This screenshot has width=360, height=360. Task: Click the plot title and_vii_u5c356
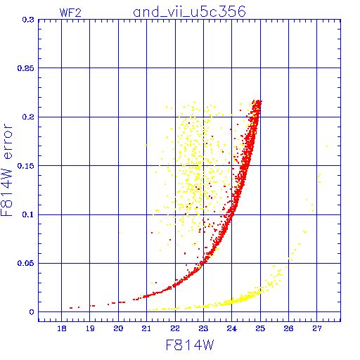point(189,12)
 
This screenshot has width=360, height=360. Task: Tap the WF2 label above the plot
point(70,13)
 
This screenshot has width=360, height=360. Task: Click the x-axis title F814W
point(190,345)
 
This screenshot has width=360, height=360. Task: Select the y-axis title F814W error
point(6,170)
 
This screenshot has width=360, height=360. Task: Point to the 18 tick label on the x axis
point(62,328)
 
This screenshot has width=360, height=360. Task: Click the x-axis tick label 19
point(90,328)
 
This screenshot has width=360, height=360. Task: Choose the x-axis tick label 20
point(118,328)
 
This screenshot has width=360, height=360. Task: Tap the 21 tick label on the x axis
point(146,328)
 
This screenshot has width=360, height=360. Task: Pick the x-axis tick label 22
point(175,328)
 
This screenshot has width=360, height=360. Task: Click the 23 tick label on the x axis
point(203,328)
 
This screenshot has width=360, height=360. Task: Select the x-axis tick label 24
point(232,328)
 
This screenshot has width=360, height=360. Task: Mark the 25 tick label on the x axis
point(260,328)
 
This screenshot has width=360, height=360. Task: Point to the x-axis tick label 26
point(288,328)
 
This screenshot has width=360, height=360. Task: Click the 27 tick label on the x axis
point(317,328)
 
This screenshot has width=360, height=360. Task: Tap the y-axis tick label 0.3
point(28,20)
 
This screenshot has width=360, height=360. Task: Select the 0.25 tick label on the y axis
point(26,68)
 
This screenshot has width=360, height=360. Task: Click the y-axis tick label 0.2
point(28,117)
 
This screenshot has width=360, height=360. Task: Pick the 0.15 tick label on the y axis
point(26,166)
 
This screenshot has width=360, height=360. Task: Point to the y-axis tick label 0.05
point(26,263)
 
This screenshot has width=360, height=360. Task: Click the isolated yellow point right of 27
point(327,146)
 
